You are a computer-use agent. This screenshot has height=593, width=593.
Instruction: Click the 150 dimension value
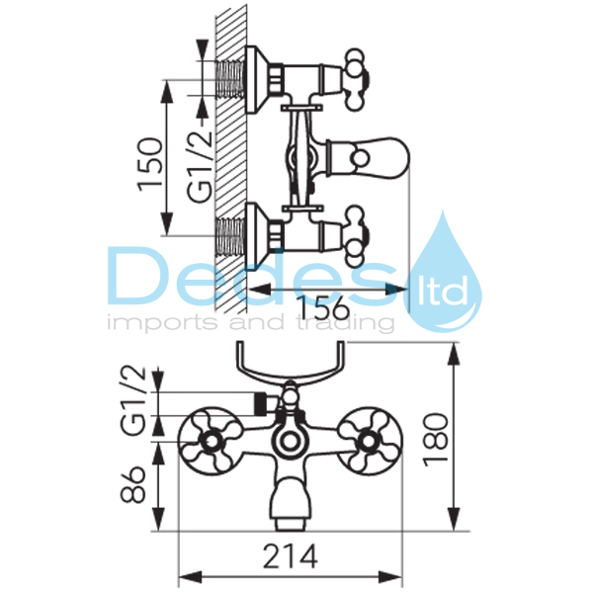pos(150,164)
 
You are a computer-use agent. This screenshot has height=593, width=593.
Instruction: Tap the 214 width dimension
pos(290,555)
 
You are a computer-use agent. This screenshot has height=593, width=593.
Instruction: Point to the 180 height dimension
pos(436,440)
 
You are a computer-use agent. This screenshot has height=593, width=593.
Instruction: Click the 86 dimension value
pos(132,484)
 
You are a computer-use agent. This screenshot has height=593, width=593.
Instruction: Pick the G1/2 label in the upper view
pos(200,165)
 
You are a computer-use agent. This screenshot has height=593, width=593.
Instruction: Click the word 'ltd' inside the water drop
pos(442,292)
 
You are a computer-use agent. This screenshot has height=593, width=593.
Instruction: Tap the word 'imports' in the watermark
pos(163,324)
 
